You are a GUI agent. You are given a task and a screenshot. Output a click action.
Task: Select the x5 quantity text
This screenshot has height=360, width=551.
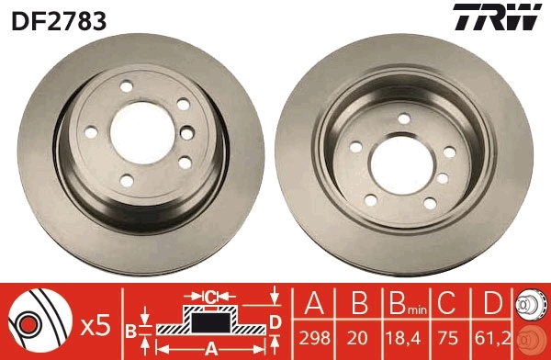pos(95,324)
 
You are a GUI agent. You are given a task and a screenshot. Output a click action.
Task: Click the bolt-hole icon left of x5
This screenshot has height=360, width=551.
pos(38,322)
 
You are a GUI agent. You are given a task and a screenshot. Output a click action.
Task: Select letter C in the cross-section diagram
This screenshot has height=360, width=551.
pos(209,297)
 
